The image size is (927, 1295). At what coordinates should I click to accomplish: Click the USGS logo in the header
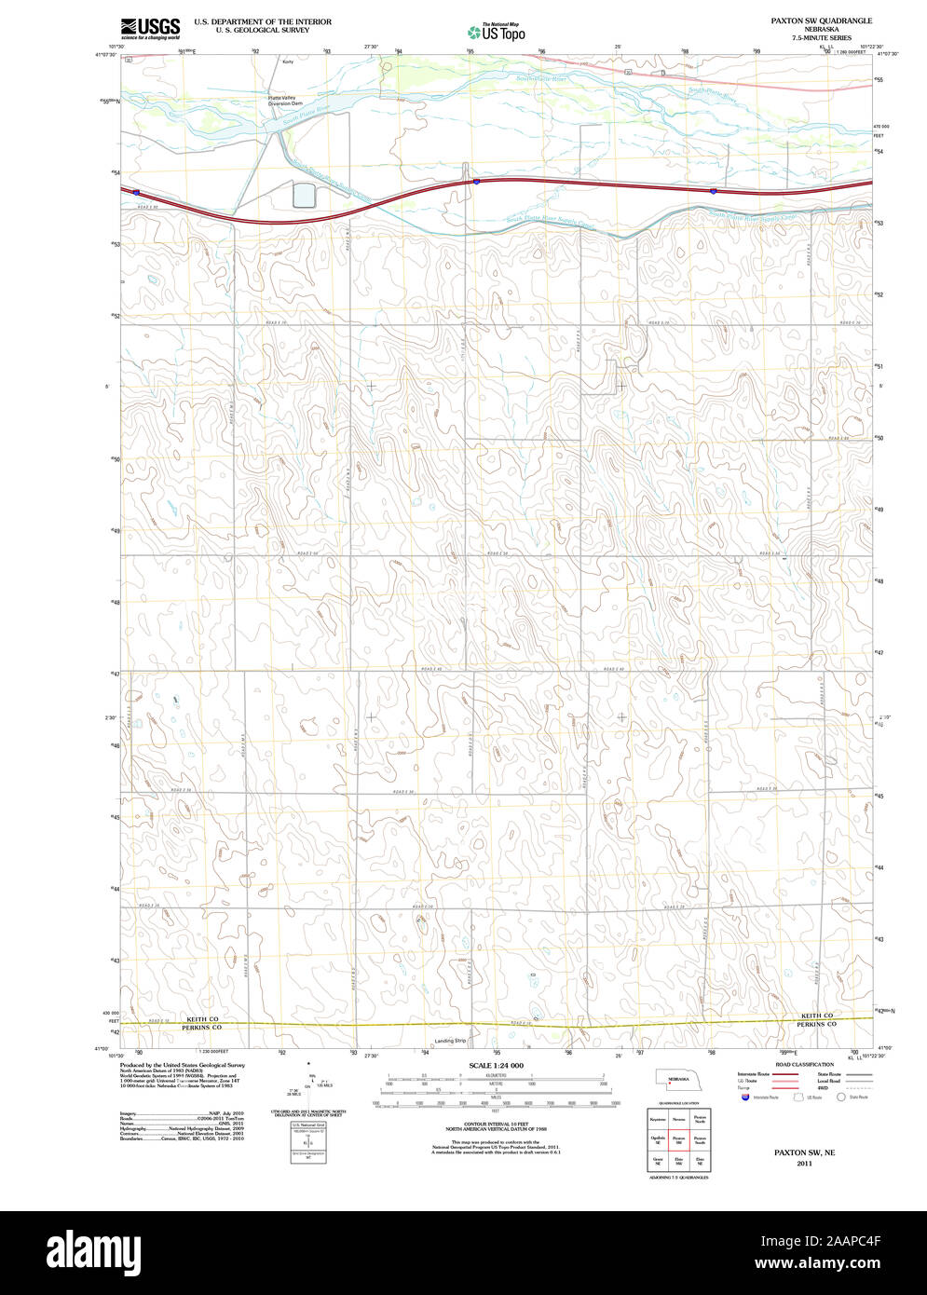[x=150, y=28]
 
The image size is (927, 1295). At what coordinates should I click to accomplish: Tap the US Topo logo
[x=498, y=32]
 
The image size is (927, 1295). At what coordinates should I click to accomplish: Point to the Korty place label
[x=288, y=61]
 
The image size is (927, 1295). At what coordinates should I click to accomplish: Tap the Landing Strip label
[x=449, y=1041]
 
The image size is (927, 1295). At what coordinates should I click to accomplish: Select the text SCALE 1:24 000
[x=496, y=1065]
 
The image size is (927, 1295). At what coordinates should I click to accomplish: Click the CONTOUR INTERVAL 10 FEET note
[x=496, y=1125]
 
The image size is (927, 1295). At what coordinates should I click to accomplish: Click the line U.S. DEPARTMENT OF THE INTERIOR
[x=262, y=20]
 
